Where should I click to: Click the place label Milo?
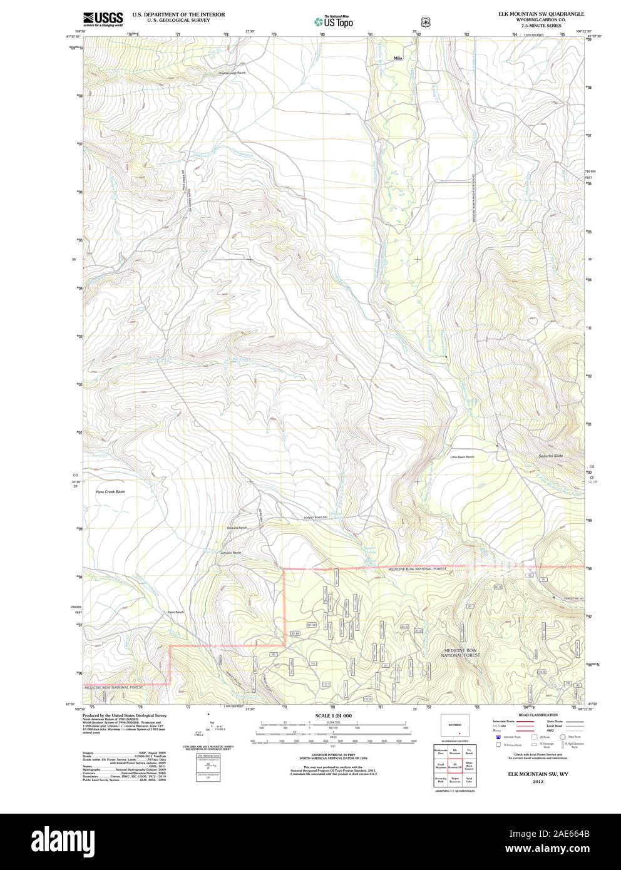[x=398, y=58]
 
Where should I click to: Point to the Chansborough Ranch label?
[x=234, y=73]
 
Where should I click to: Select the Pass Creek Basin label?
[x=110, y=492]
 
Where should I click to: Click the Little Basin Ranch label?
[x=462, y=458]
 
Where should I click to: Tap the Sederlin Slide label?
[x=550, y=456]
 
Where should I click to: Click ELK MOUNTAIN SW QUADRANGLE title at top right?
[x=541, y=13]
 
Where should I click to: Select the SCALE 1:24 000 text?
[x=334, y=715]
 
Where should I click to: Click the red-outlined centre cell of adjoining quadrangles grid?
[x=454, y=765]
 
